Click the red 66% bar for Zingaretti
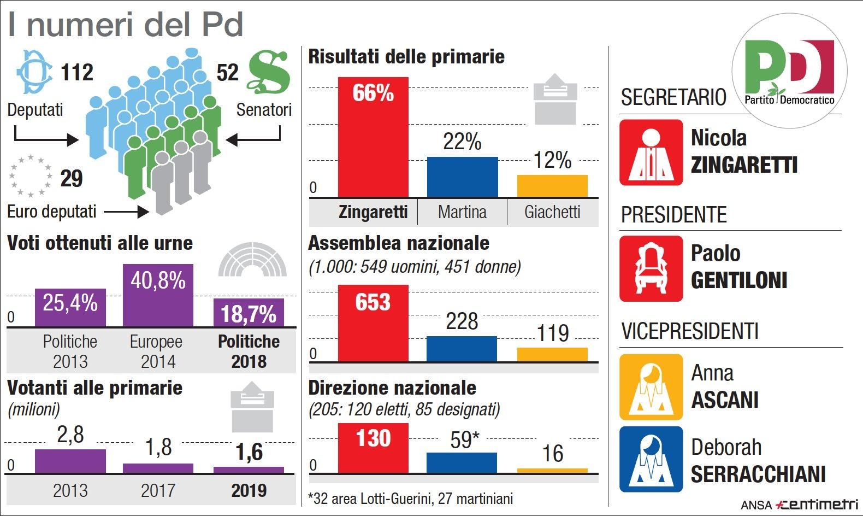(373, 137)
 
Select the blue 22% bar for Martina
(462, 177)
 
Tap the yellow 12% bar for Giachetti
(552, 186)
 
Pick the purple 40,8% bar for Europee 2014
(158, 295)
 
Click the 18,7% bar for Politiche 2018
(249, 313)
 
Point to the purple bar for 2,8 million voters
(70, 461)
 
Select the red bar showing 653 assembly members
(373, 322)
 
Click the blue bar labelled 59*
(462, 462)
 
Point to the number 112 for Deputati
(77, 72)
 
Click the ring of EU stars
(31, 176)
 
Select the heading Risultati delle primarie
(406, 57)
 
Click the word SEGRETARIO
(673, 97)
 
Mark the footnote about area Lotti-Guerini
(411, 499)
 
